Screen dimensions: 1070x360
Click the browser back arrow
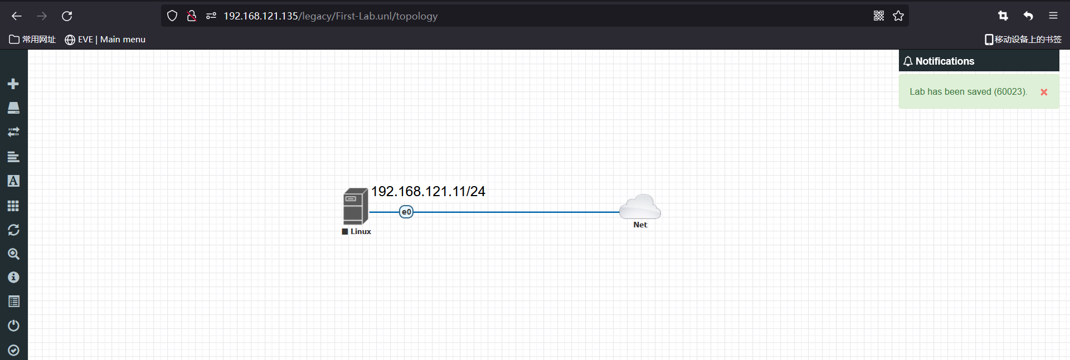click(17, 16)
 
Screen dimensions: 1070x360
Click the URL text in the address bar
click(330, 16)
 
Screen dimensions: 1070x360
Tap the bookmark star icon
click(898, 16)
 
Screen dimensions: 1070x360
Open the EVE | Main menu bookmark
click(105, 40)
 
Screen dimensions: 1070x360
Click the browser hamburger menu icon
click(1053, 16)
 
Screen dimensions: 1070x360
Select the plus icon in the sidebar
click(13, 84)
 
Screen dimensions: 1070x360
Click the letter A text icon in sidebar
click(13, 181)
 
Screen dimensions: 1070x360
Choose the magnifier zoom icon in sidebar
click(13, 254)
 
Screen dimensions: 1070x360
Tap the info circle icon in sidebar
click(13, 278)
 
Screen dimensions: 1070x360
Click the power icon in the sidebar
click(13, 325)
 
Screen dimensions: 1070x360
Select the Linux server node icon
click(355, 206)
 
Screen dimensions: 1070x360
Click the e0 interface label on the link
click(406, 212)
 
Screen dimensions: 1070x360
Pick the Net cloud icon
click(640, 206)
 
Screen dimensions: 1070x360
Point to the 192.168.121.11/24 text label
click(428, 192)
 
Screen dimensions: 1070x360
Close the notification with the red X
click(1044, 92)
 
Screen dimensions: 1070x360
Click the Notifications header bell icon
click(908, 61)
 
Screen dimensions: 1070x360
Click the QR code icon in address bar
click(879, 16)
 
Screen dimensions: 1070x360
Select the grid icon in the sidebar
click(13, 206)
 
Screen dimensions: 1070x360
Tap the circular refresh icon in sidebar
click(13, 230)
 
